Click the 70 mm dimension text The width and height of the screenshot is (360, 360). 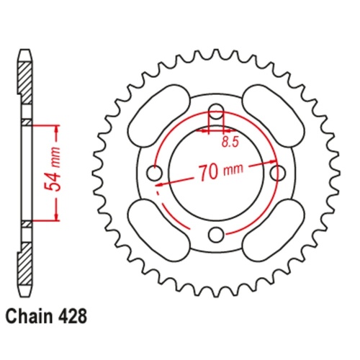click(220, 171)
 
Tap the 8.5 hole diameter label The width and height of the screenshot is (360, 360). click(230, 143)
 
